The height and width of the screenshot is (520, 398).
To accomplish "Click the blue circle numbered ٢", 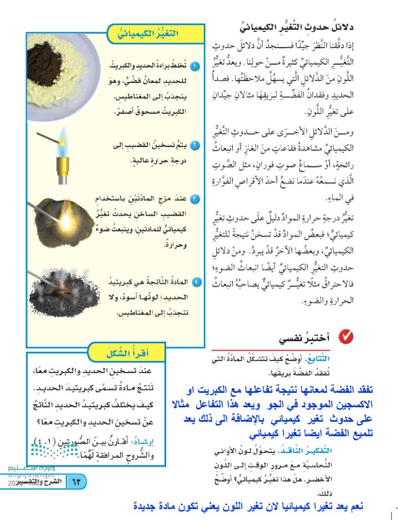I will (x=196, y=146).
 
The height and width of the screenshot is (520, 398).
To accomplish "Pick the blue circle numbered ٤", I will (x=196, y=282).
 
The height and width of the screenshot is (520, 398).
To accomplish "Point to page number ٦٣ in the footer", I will (x=77, y=482).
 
